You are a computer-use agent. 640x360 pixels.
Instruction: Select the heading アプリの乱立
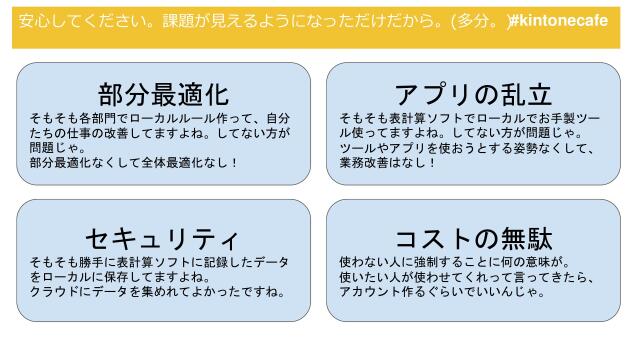[x=474, y=95]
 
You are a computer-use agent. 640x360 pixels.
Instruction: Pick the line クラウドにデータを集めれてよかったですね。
[x=157, y=293]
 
